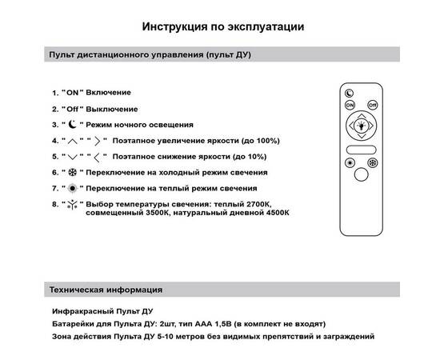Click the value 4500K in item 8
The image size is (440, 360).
[x=274, y=214]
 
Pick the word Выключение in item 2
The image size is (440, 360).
[x=111, y=109]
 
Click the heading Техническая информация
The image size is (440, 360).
[x=106, y=289]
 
